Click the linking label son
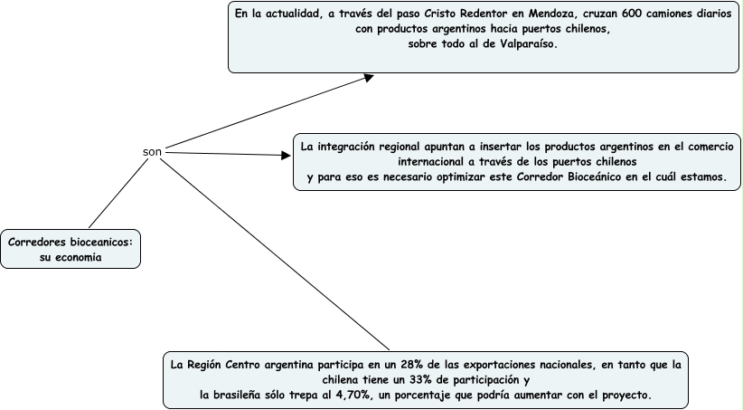pos(152,151)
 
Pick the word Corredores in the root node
pos(37,243)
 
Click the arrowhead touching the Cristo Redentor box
pos(368,78)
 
